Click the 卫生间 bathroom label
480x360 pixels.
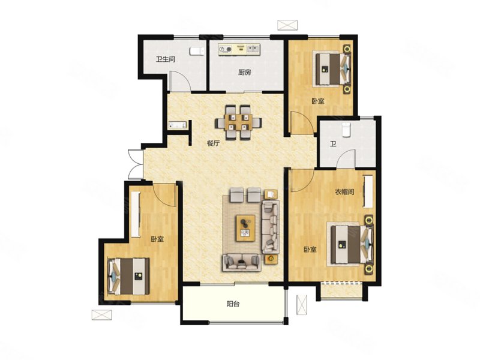(x=166, y=59)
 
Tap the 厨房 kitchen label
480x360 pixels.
(x=245, y=73)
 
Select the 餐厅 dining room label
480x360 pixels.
(x=214, y=143)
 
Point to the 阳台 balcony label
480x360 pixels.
(x=233, y=304)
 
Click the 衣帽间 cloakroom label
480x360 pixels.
(x=344, y=192)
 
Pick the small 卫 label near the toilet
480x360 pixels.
(x=333, y=143)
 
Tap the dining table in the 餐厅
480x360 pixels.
(x=238, y=122)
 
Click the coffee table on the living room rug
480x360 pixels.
(x=245, y=228)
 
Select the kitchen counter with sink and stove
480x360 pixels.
(x=239, y=50)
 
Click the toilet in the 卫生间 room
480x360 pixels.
(x=197, y=52)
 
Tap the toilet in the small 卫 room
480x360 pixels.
(x=346, y=130)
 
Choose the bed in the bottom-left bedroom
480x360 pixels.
(x=128, y=277)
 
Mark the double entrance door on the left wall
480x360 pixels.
(x=136, y=164)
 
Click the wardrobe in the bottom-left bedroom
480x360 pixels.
(x=136, y=214)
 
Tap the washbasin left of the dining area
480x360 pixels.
(x=178, y=125)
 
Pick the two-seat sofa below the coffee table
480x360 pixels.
(x=242, y=263)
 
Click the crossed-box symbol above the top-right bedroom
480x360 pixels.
(x=287, y=25)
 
